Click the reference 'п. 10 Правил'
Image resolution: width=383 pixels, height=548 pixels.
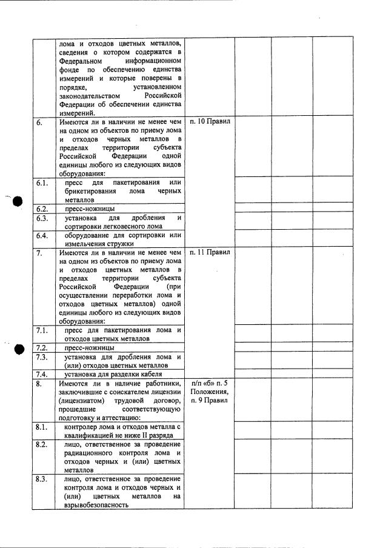209,121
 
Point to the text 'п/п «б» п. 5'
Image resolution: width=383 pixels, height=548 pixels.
209,383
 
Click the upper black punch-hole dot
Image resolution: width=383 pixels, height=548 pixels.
18,202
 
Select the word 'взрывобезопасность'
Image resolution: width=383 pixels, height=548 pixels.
93,504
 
